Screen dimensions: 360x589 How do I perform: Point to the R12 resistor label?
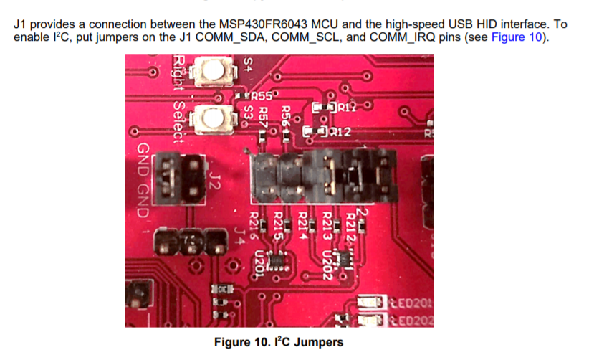340,132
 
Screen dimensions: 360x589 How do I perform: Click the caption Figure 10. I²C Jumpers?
278,342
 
